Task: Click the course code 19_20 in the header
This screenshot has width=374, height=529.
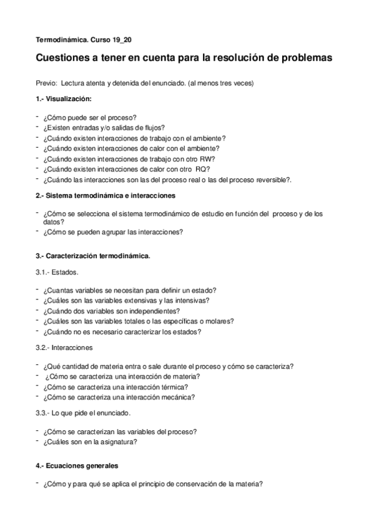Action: pyautogui.click(x=122, y=39)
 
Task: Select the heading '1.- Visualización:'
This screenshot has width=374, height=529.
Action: pyautogui.click(x=64, y=99)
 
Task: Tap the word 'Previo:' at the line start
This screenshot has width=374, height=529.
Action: pyautogui.click(x=47, y=84)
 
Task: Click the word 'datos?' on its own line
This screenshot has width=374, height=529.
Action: pyautogui.click(x=53, y=221)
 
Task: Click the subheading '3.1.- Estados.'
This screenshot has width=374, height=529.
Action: pyautogui.click(x=57, y=272)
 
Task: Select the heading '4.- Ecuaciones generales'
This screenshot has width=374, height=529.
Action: pyautogui.click(x=77, y=466)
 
